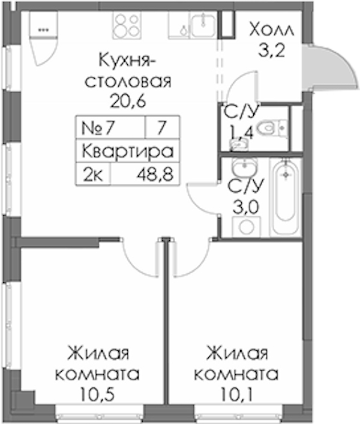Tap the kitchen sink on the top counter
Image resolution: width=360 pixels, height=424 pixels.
pos(203,25)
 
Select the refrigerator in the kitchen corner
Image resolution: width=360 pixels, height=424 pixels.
pos(43,38)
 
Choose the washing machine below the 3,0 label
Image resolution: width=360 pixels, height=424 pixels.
pos(246,226)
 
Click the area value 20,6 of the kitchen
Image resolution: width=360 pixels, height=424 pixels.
pos(128,101)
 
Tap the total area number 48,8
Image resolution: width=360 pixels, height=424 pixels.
pos(155,174)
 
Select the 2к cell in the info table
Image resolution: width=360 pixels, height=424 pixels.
pos(93,174)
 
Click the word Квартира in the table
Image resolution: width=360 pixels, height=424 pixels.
pos(127,151)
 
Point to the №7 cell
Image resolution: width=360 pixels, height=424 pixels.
pos(111,128)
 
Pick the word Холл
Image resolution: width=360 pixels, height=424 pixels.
pos(271,29)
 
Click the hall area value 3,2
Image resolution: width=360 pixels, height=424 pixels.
pos(271,50)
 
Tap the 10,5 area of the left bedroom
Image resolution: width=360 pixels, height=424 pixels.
pos(97,395)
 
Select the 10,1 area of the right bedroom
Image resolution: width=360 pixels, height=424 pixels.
pos(236,395)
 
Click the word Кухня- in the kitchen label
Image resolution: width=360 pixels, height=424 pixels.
pos(127,61)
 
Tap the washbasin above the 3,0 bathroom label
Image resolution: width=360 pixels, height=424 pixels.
pos(245,167)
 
